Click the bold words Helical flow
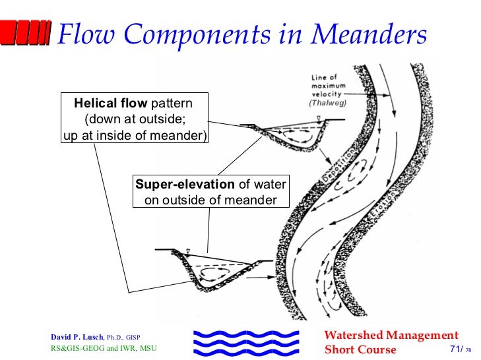111,104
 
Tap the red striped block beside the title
26,33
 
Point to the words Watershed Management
391,336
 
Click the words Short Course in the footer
360,349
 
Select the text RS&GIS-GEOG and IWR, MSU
104,348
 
